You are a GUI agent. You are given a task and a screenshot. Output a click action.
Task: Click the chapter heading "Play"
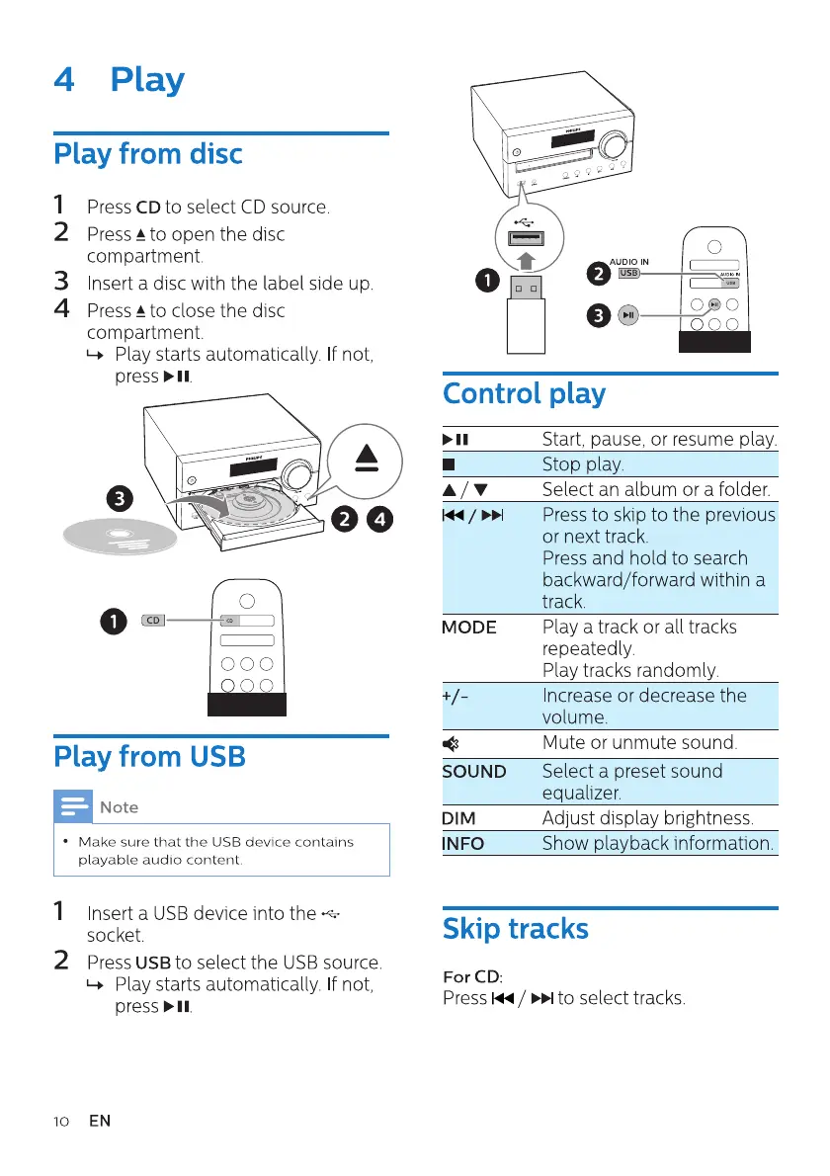pos(147,79)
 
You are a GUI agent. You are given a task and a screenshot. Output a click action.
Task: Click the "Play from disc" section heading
pos(147,155)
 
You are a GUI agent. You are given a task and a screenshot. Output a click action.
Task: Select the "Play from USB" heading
pos(149,757)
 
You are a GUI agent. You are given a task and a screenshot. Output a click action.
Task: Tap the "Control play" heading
pos(524,393)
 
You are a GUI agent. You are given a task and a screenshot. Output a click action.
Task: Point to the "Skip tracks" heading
pos(515,929)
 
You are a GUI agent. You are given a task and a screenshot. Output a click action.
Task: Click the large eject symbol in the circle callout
pos(367,458)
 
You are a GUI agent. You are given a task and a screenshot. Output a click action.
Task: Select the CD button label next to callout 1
pos(153,621)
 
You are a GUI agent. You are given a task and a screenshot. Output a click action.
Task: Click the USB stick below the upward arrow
pos(526,311)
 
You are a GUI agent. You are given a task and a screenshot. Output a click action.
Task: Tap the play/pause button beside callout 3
pos(629,315)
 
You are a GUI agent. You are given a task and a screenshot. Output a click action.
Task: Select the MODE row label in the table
pos(469,628)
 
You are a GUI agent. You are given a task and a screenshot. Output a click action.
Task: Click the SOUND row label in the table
pos(474,772)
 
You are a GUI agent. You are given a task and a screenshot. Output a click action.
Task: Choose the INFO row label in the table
pos(463,844)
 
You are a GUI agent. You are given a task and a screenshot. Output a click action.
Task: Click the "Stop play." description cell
pos(583,464)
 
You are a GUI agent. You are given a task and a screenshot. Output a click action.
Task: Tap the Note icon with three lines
pos(74,806)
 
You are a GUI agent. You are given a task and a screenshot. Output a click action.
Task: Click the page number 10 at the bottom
pos(61,1121)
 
